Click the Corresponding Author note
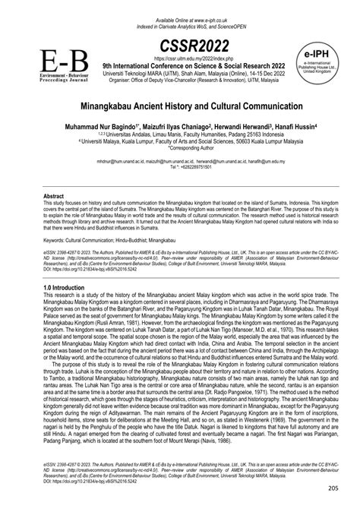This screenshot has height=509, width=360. pyautogui.click(x=180, y=147)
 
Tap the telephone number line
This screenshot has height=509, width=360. pyautogui.click(x=180, y=168)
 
